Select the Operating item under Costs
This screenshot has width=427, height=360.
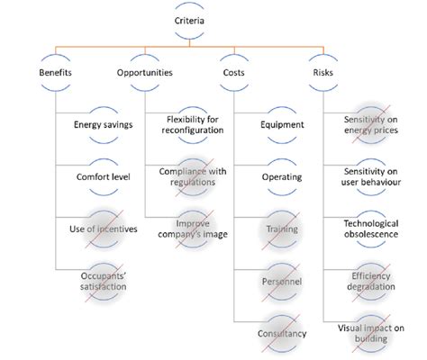[281, 176]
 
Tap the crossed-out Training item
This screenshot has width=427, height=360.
[281, 229]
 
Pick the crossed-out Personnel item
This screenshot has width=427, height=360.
[281, 281]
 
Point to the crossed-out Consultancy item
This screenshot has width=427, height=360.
[281, 333]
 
